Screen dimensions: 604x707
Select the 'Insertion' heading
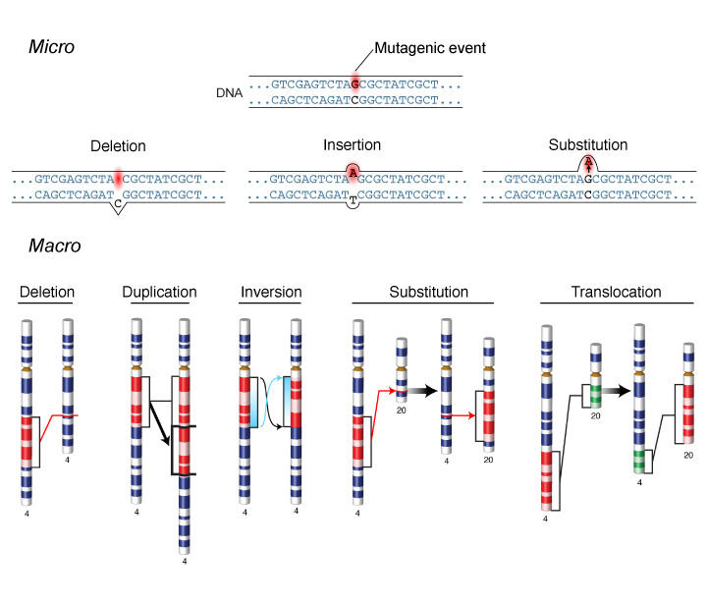coord(353,145)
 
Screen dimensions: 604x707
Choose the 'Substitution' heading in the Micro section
coord(587,145)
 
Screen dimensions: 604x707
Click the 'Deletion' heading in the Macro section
coord(46,292)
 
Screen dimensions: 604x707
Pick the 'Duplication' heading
coord(159,292)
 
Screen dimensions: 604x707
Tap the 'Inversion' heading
coord(269,292)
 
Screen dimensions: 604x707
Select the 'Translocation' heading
coord(616,292)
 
